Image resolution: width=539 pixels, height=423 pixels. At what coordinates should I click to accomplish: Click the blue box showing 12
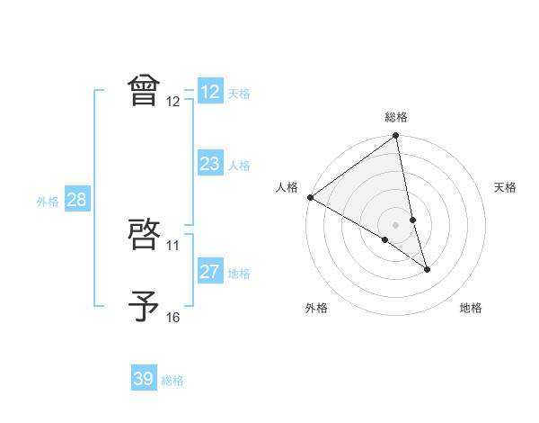click(x=210, y=92)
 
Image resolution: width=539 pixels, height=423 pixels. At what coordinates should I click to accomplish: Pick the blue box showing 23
click(x=210, y=164)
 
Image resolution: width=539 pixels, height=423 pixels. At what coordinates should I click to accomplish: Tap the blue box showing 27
click(x=210, y=272)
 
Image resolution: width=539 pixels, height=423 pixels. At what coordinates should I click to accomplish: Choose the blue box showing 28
click(x=76, y=200)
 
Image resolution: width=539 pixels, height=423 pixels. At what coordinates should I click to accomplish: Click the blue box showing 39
click(x=144, y=379)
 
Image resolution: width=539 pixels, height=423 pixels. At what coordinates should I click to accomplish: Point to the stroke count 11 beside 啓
click(x=173, y=245)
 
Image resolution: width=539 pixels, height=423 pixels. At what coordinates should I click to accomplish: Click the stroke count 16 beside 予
click(x=173, y=317)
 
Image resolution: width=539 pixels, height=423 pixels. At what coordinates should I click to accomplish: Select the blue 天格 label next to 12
click(x=239, y=94)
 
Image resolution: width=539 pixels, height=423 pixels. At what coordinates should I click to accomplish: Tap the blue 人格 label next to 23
click(x=239, y=166)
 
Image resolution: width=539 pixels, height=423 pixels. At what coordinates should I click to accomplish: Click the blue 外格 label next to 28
click(x=48, y=202)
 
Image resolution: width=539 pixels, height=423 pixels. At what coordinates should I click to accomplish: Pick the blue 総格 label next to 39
click(x=172, y=381)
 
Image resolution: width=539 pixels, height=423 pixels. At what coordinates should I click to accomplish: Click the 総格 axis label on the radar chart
click(x=396, y=117)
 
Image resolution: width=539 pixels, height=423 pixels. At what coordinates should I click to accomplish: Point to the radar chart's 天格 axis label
click(x=505, y=187)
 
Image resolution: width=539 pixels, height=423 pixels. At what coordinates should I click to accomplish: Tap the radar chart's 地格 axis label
click(x=471, y=309)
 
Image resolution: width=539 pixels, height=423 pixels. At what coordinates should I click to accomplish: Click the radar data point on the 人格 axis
click(x=310, y=197)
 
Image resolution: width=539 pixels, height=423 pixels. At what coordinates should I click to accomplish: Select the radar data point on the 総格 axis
click(x=396, y=137)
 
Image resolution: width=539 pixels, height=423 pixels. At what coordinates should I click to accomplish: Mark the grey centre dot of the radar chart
click(x=396, y=224)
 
